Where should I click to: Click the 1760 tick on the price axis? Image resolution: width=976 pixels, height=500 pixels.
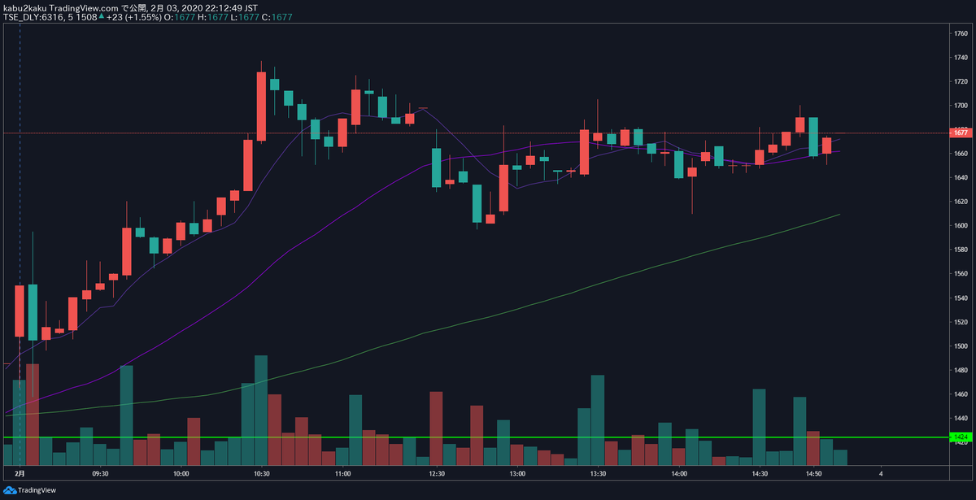(x=960, y=33)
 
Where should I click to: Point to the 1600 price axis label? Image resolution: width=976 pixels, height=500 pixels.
(x=960, y=225)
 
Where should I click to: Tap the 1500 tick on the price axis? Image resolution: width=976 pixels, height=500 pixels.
(x=960, y=346)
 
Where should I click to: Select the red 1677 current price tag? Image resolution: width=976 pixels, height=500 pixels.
(x=960, y=133)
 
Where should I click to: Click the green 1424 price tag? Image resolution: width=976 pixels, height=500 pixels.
(x=960, y=437)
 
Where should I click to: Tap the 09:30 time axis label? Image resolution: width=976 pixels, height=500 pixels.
(x=101, y=473)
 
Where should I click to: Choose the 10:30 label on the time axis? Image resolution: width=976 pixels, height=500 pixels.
(x=261, y=473)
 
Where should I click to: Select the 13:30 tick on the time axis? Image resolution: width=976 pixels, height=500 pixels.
(x=598, y=473)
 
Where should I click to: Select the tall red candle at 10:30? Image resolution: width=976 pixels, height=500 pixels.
(x=261, y=106)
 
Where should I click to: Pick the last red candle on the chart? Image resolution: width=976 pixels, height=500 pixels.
(x=826, y=146)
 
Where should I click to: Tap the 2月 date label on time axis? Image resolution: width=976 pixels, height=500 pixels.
(x=20, y=473)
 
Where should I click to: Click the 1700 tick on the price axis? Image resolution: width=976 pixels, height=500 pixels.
(x=960, y=106)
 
